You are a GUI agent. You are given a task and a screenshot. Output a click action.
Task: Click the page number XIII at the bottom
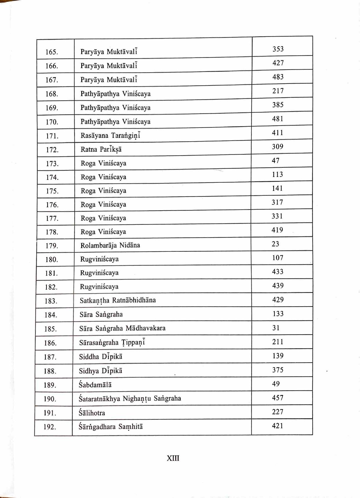(173, 458)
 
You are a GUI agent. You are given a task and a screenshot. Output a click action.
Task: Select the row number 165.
(52, 52)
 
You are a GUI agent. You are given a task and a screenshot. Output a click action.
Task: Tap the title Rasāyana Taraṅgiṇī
(110, 136)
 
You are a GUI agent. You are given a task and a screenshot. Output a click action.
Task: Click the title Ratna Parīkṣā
(101, 150)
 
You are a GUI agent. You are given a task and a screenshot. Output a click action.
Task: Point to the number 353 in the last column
(278, 49)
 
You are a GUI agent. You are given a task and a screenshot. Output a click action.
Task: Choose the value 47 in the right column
(276, 160)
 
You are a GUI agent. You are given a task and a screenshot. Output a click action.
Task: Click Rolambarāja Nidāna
(110, 245)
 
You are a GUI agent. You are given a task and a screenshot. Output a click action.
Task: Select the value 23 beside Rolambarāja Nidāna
(276, 244)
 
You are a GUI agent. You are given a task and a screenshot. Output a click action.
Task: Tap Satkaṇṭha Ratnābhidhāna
(118, 300)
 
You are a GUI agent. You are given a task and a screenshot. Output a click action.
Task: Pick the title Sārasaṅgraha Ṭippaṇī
(112, 343)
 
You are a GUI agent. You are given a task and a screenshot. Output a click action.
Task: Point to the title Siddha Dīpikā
(100, 357)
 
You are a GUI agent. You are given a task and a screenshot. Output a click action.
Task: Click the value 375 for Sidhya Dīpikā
(278, 370)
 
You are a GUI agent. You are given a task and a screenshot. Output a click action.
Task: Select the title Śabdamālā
(95, 385)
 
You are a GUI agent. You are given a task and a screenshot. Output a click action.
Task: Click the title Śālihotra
(92, 413)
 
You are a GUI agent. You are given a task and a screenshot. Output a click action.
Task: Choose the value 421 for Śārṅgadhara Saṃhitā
(278, 426)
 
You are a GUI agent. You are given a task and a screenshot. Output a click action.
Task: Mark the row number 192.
(50, 427)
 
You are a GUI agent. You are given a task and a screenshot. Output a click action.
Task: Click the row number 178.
(52, 232)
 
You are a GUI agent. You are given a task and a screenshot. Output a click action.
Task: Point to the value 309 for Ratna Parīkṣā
(278, 146)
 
